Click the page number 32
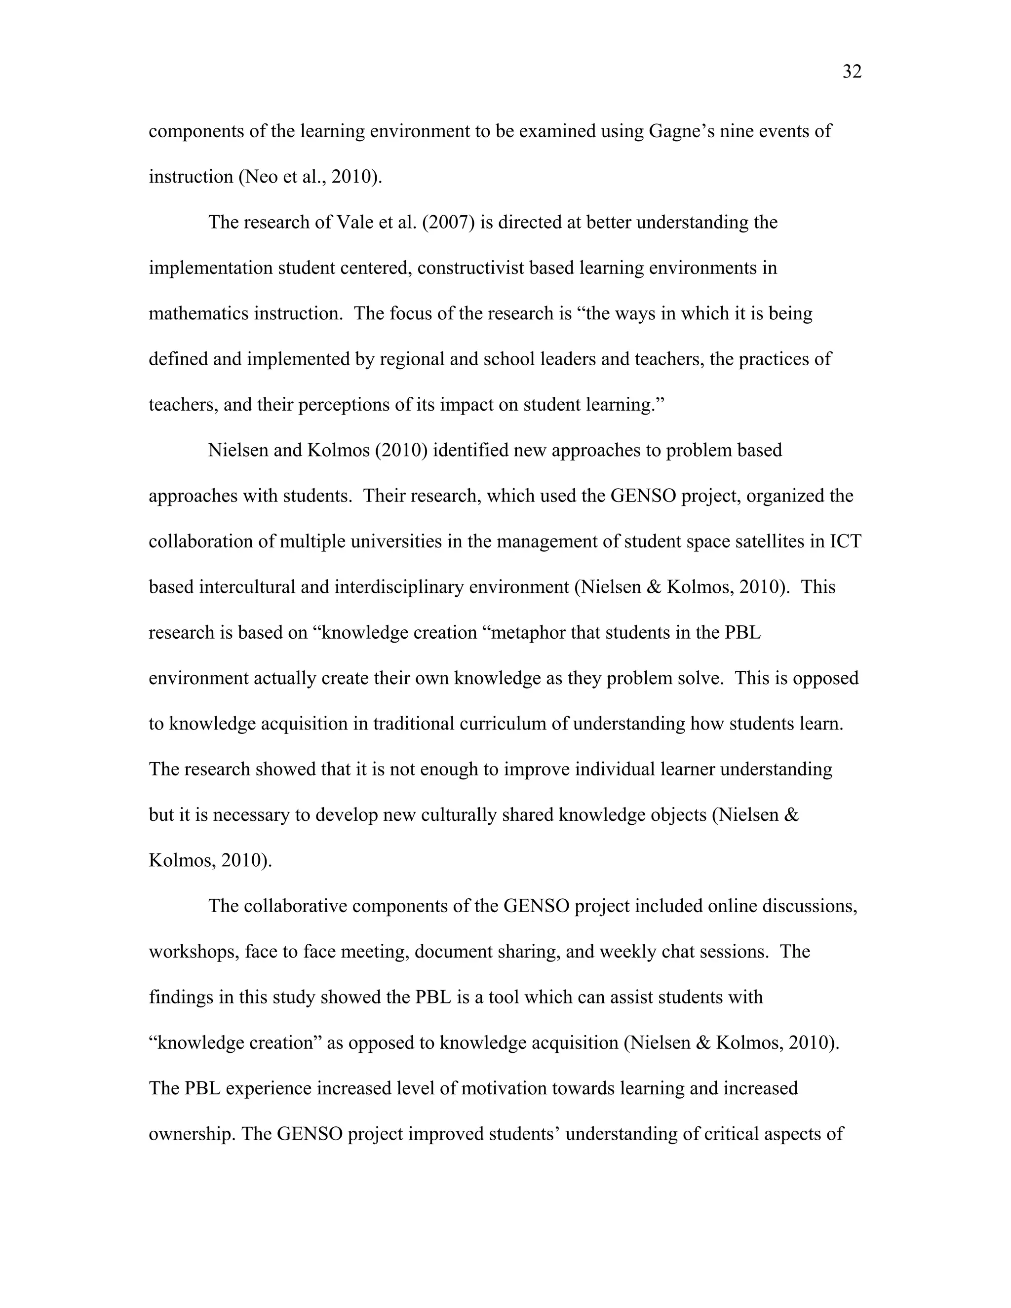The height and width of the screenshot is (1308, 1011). tap(852, 72)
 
